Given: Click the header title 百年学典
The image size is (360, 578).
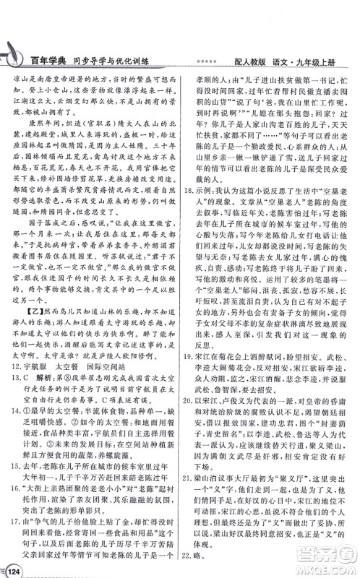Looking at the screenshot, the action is pyautogui.click(x=59, y=61).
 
